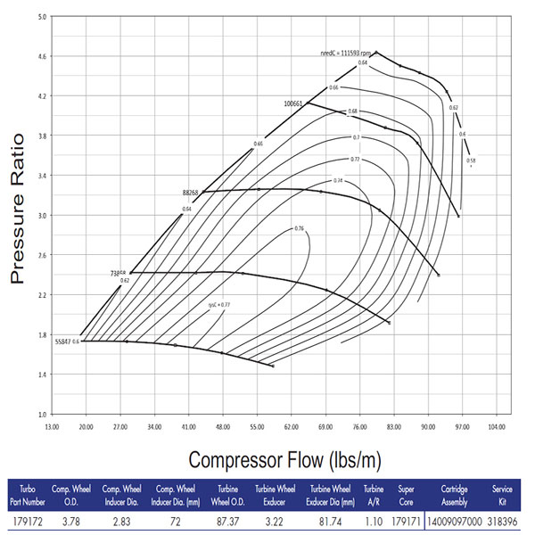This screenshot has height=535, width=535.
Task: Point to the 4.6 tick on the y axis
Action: [x=42, y=55]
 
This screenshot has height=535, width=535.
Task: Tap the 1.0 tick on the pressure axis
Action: [x=42, y=415]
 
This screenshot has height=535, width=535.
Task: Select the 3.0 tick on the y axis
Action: [x=42, y=215]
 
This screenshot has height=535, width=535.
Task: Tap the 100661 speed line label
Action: [x=293, y=103]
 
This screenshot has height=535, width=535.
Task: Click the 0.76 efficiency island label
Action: [x=300, y=229]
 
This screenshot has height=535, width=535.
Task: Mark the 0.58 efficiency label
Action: [x=471, y=160]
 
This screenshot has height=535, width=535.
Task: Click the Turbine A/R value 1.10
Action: [x=374, y=517]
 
